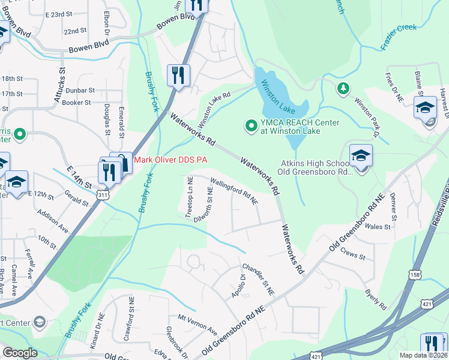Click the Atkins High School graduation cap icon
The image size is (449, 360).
click(x=361, y=155)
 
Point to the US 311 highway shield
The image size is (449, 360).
click(x=102, y=195)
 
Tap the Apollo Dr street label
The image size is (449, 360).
click(x=238, y=286)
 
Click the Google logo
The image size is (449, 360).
click(x=20, y=353)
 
